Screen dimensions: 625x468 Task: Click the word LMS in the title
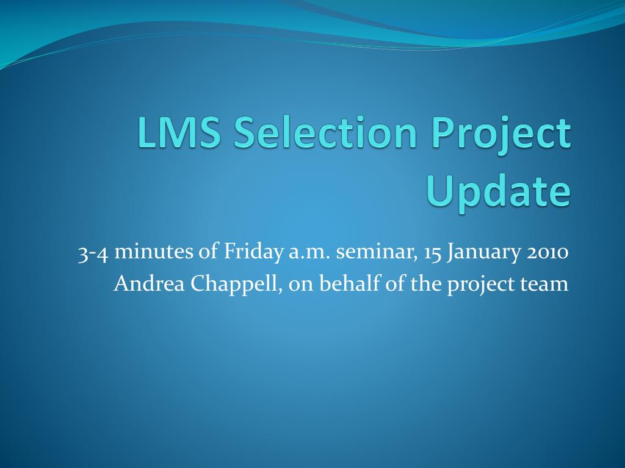pos(179,132)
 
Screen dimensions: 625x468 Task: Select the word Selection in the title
pos(325,132)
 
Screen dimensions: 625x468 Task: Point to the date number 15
pos(433,253)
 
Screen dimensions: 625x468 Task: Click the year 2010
pos(547,253)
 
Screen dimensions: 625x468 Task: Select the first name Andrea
pos(150,284)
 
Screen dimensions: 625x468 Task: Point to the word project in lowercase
pos(481,285)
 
